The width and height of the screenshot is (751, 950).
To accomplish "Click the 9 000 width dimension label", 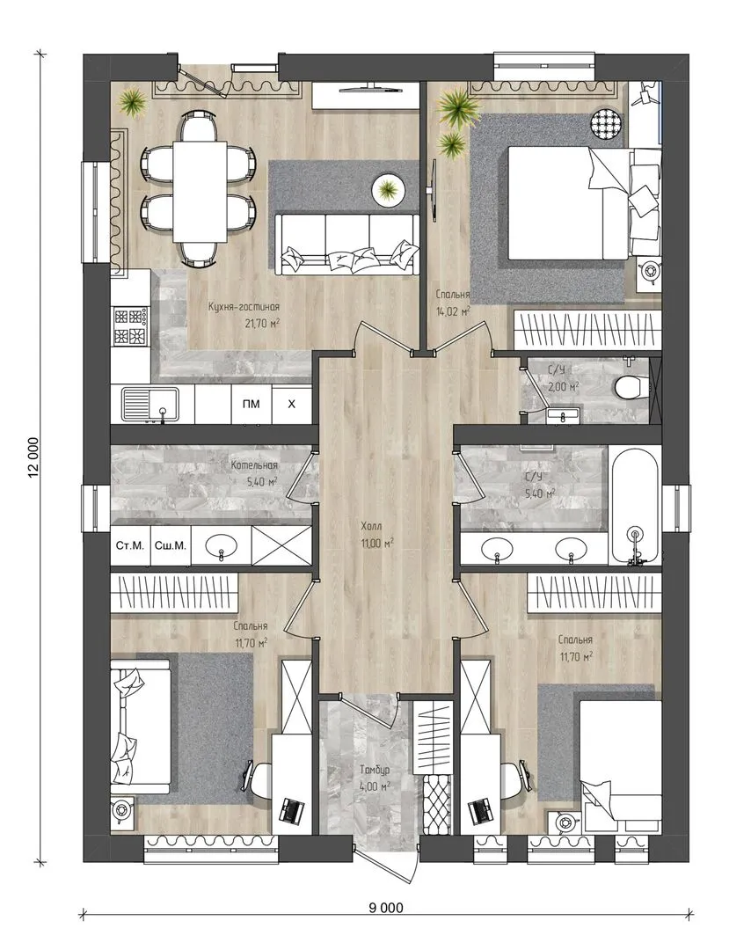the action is (x=386, y=907).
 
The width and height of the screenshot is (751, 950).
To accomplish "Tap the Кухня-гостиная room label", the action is (x=244, y=307).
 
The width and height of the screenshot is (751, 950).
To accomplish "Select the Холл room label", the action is (x=371, y=526).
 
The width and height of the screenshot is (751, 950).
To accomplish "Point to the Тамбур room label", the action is (x=375, y=770).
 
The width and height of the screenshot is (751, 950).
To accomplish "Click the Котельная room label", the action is (x=254, y=465).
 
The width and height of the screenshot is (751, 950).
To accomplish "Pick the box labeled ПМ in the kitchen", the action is (x=252, y=404).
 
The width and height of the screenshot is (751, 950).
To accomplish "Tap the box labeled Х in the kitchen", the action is (x=292, y=404).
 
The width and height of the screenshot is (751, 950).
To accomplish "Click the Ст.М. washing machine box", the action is (x=130, y=545).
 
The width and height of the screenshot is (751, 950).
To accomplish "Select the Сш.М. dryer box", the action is (x=171, y=545).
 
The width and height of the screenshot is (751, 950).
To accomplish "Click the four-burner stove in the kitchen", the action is (x=130, y=326).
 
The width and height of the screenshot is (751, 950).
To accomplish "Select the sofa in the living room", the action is (x=347, y=244).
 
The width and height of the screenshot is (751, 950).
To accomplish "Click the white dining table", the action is (x=200, y=191).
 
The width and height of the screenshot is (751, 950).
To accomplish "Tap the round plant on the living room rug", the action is (x=388, y=190).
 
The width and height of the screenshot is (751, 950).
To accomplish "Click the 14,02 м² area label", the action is (x=453, y=312).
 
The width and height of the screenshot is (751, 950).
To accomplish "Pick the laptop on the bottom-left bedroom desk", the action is (x=292, y=810).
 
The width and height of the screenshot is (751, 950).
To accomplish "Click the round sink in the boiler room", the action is (x=221, y=545).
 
